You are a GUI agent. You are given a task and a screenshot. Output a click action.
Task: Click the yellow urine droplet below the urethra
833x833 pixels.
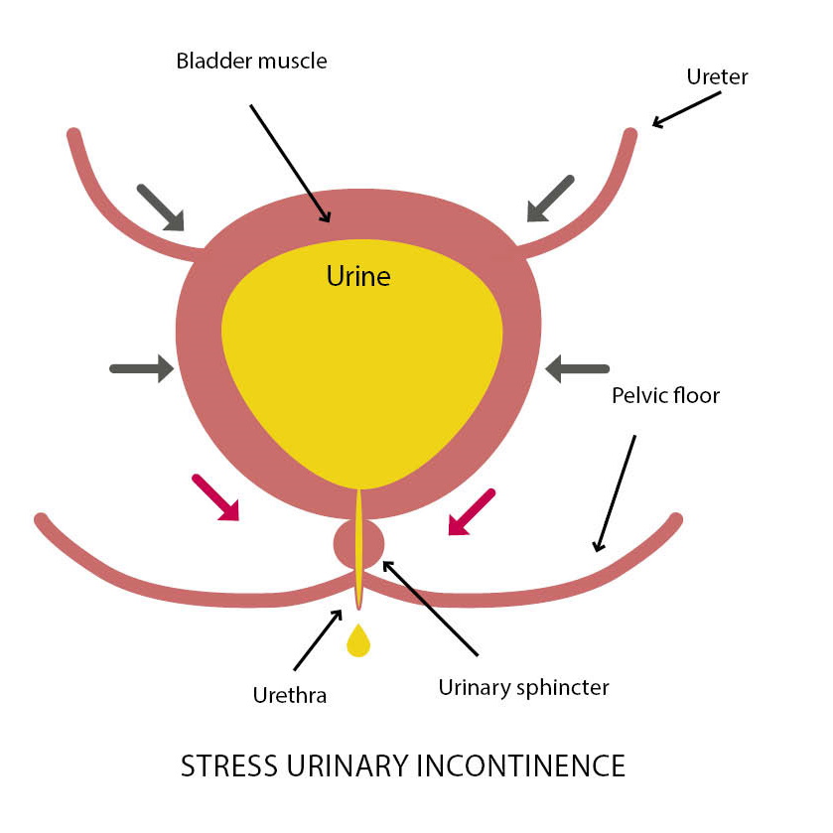point(357,642)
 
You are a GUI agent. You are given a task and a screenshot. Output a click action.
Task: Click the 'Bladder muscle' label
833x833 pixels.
point(251,61)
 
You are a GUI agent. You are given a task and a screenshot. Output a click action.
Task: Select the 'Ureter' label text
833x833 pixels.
point(717,75)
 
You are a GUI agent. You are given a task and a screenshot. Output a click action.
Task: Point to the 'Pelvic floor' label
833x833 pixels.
point(663,395)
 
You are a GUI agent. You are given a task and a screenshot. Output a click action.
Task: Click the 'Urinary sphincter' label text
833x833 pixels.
point(523,686)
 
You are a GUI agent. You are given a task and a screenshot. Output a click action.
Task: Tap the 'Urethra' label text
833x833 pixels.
point(288,695)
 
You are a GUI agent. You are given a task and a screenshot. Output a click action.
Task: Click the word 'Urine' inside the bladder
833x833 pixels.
point(358,276)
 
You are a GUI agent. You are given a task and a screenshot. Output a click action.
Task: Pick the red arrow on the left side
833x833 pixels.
point(216,497)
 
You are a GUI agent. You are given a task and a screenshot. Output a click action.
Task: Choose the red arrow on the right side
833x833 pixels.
point(471,511)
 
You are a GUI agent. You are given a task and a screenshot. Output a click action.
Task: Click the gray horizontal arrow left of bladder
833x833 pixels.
point(140,369)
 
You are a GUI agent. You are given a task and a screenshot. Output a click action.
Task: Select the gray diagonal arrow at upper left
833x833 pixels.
point(161,208)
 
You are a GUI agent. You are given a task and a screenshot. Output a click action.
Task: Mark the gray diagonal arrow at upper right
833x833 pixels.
point(550,198)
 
